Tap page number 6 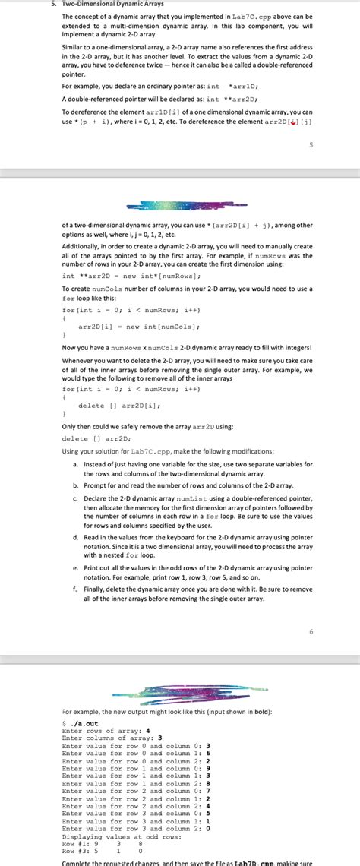pos(311,610)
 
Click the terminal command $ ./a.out pos(79,724)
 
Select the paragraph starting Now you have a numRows pos(186,347)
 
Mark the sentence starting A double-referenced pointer pos(159,99)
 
